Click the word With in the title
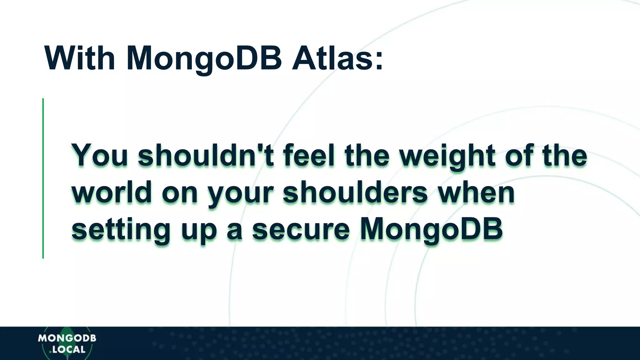(x=80, y=58)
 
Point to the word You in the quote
(x=100, y=155)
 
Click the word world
(x=112, y=192)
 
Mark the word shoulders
(x=355, y=192)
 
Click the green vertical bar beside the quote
(x=43, y=178)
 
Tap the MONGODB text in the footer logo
(x=67, y=338)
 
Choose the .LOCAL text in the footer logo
(x=68, y=349)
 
